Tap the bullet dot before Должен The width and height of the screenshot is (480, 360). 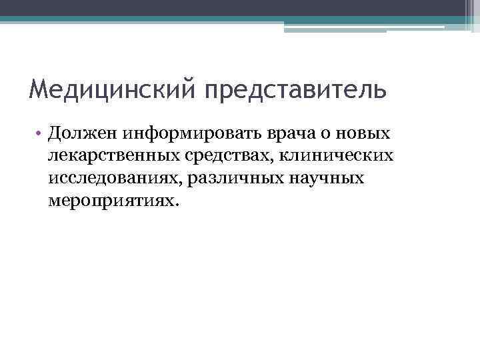coord(40,133)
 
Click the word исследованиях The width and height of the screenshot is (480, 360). coord(116,179)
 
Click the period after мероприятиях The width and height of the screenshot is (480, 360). coord(177,206)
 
